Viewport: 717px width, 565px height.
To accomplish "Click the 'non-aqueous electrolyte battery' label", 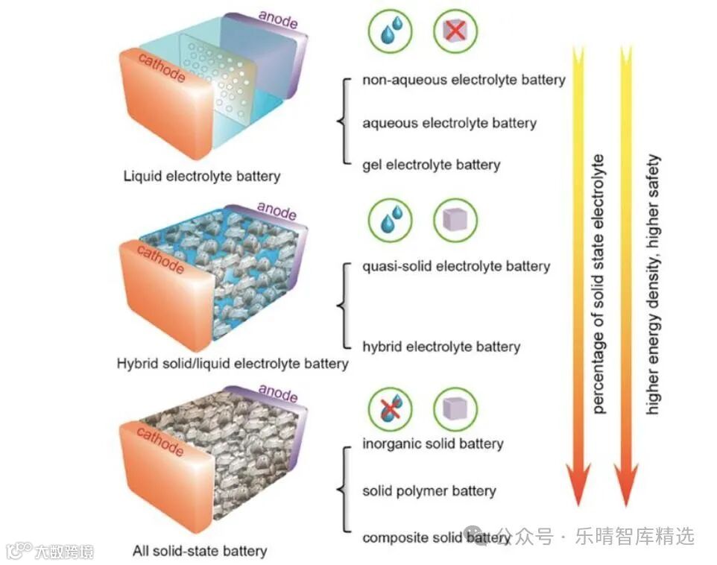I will click(x=464, y=80).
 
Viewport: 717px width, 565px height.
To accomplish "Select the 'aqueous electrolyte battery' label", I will click(x=449, y=123).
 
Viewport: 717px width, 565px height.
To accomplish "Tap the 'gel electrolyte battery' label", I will click(x=431, y=165).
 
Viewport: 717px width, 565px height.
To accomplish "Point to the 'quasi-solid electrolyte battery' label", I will click(x=456, y=266).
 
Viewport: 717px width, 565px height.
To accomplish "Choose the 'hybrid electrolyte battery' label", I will click(x=441, y=347).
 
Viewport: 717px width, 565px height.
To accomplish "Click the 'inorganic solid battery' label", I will click(x=433, y=444).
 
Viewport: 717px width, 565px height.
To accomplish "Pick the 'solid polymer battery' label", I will click(x=429, y=491).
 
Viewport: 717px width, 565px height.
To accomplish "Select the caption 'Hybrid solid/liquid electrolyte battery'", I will click(x=233, y=364).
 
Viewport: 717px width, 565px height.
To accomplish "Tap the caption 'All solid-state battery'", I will click(x=200, y=552).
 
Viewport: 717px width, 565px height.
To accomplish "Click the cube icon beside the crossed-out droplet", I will click(x=455, y=408).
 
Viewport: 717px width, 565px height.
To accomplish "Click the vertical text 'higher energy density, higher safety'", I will click(x=654, y=283).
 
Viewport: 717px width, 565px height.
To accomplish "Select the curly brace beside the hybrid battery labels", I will click(x=343, y=306).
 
